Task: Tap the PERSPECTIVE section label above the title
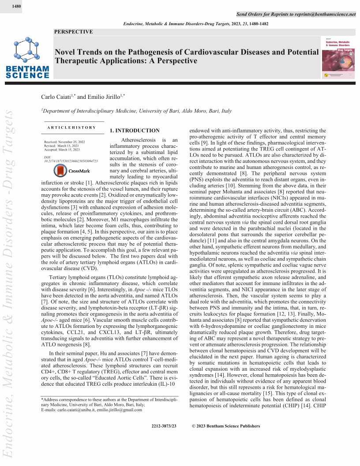[73, 32]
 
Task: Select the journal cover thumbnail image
[339, 58]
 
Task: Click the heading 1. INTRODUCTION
[135, 131]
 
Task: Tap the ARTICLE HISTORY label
[72, 128]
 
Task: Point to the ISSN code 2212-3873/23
[164, 426]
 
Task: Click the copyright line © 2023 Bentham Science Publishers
[226, 426]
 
